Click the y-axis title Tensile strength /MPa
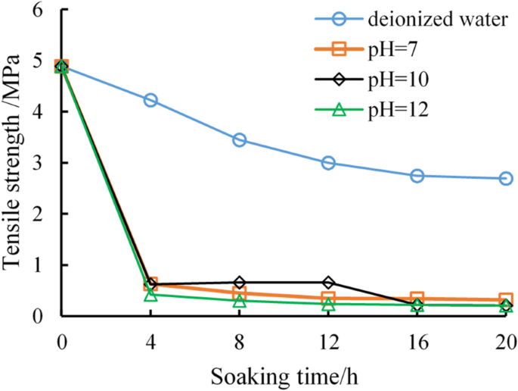17,160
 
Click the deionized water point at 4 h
150,100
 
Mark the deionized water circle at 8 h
240,139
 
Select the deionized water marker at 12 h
328,163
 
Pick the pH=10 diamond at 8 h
240,283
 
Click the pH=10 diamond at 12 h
328,283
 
